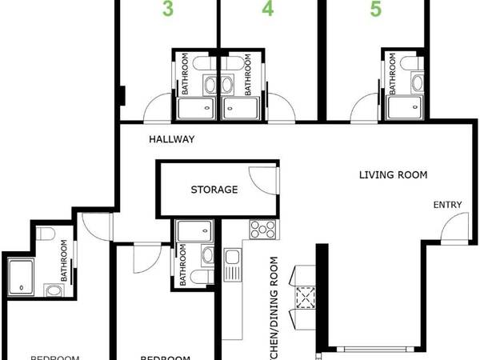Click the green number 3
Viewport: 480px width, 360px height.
coord(168,10)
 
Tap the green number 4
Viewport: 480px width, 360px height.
coord(267,10)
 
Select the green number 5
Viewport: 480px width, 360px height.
coord(375,10)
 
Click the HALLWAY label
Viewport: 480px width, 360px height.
coord(171,139)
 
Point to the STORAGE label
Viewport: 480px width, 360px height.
coord(214,190)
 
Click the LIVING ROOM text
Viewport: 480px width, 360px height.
coord(392,174)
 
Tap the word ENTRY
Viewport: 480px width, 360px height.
coord(448,205)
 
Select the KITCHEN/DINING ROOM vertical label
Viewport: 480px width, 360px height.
coord(274,308)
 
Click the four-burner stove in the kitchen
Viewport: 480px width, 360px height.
coord(262,230)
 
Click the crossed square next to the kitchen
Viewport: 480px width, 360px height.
coord(306,298)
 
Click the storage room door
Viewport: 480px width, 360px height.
coord(264,179)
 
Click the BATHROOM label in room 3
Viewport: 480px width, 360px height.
coord(184,74)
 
